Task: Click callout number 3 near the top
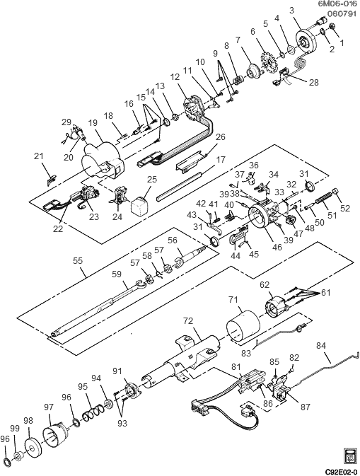[x=291, y=9]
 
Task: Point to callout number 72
[x=189, y=322]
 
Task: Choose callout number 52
[x=344, y=208]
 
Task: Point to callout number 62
[x=265, y=286]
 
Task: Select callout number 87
[x=305, y=408]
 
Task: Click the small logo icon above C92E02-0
[x=347, y=454]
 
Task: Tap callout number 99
[x=13, y=429]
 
